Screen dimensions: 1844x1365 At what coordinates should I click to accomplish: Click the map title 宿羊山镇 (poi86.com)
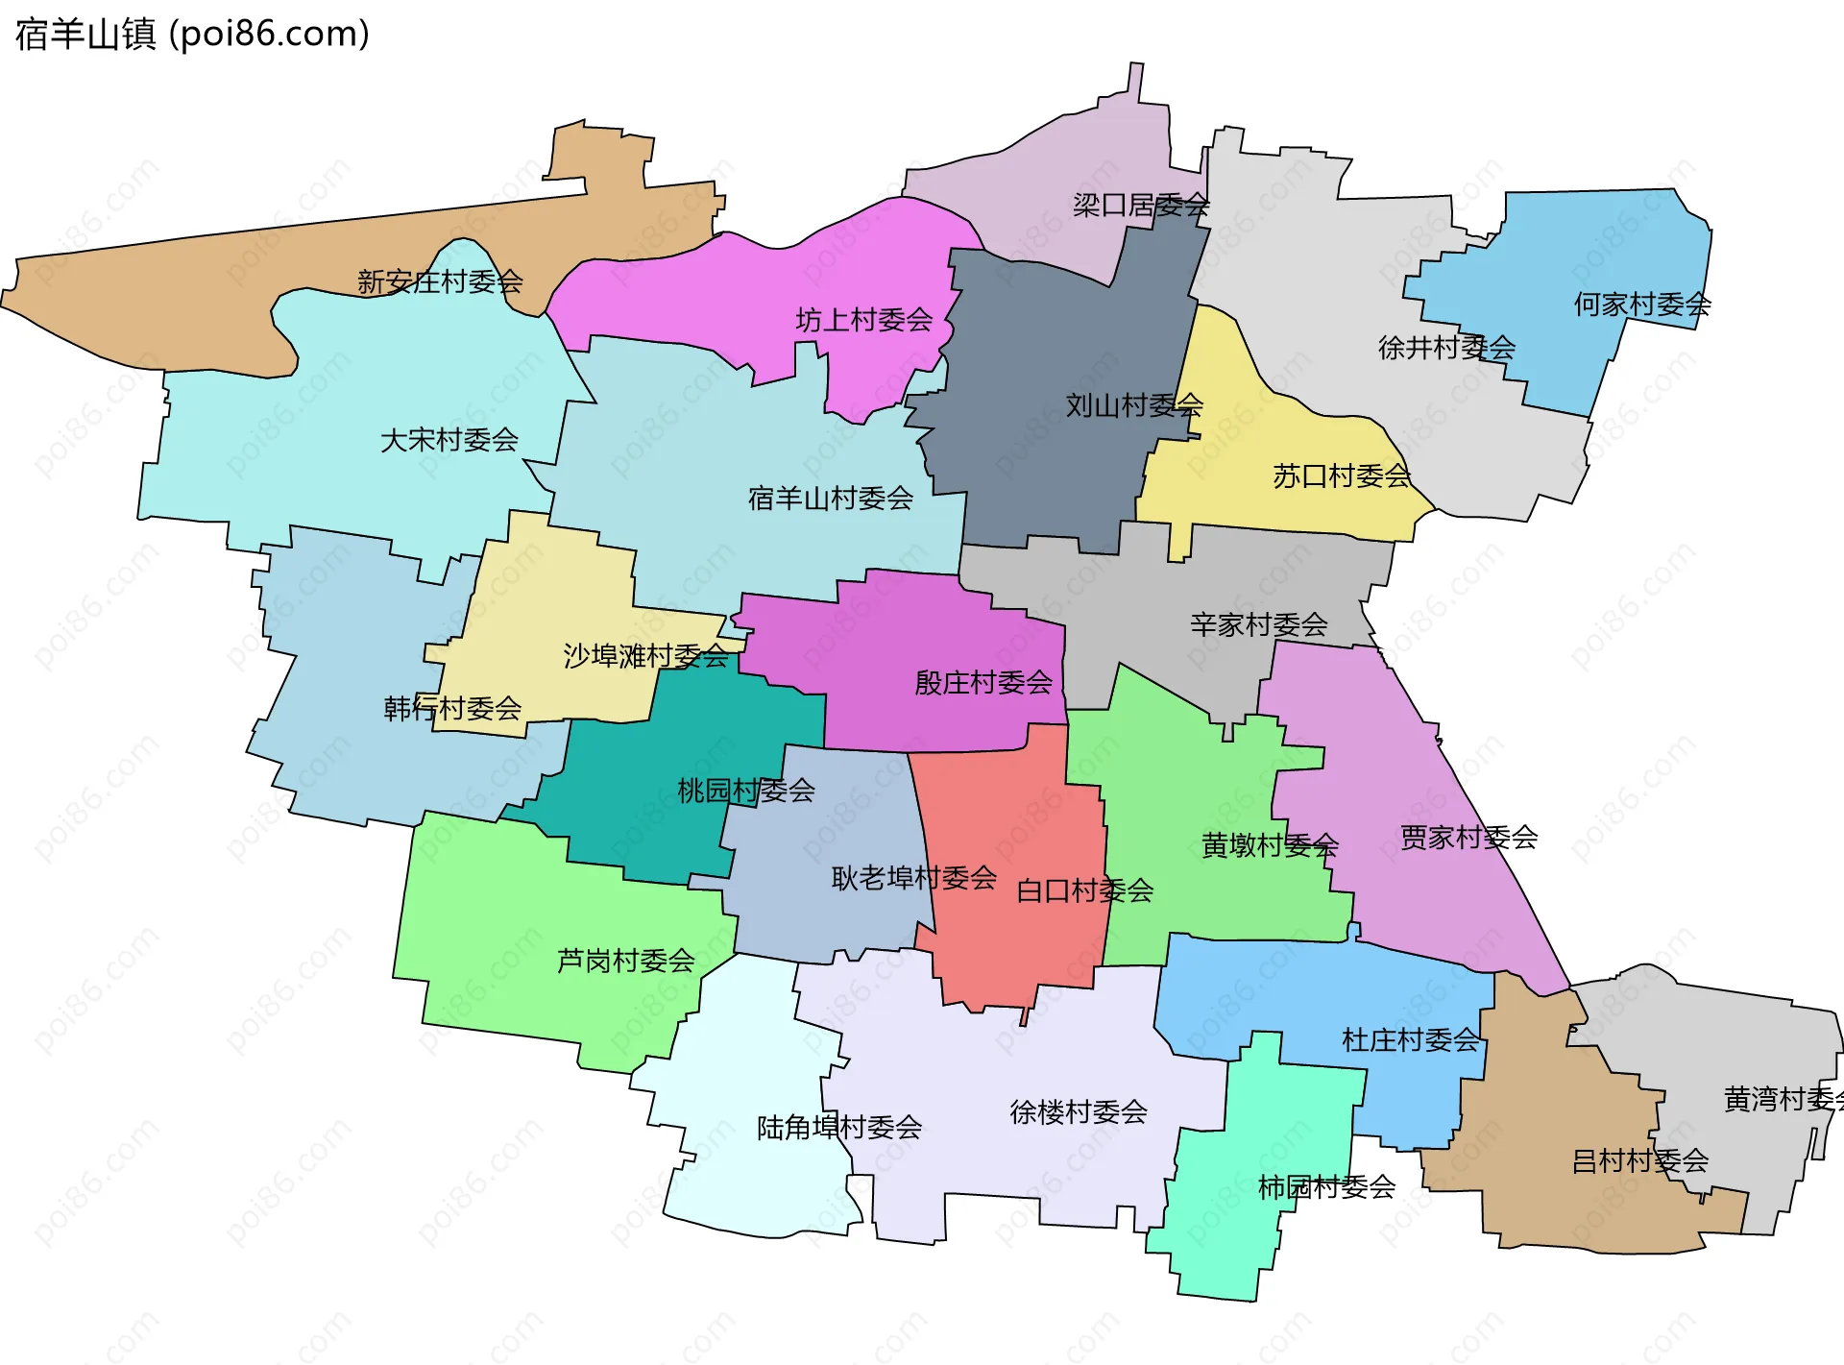click(192, 35)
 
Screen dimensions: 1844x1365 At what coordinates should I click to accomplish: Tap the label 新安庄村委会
click(440, 281)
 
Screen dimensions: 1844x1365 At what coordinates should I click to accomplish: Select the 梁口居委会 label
click(1140, 206)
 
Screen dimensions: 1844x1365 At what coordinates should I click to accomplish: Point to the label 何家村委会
click(1641, 305)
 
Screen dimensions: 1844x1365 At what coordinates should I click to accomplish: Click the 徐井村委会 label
click(1446, 348)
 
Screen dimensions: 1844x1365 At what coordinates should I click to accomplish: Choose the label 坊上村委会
click(863, 320)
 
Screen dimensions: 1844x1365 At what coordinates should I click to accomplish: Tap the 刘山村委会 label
click(1133, 405)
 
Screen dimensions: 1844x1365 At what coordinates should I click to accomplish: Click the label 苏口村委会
click(1341, 476)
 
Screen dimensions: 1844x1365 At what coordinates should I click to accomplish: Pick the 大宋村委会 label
click(449, 441)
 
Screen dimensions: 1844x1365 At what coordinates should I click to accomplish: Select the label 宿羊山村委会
click(830, 499)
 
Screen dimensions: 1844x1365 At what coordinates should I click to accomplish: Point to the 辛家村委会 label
click(1258, 625)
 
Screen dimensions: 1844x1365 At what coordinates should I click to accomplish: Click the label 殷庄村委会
click(983, 683)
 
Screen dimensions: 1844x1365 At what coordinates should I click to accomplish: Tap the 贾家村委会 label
click(1468, 838)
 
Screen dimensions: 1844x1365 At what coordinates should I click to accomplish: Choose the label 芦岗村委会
click(625, 961)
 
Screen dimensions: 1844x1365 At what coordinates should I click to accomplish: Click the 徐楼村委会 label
click(1078, 1112)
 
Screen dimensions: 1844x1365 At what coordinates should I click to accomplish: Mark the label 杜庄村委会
click(1410, 1040)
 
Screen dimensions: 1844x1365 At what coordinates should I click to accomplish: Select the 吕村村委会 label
click(1639, 1161)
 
